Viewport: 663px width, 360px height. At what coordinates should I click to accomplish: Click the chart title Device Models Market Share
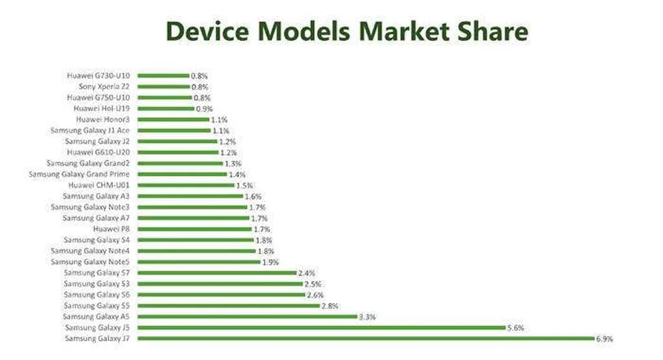coord(346,30)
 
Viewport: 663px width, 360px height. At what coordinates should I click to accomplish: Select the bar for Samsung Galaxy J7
coord(366,339)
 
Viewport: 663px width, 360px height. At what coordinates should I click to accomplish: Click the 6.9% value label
coord(604,339)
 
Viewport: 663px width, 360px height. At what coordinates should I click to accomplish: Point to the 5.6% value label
coord(515,328)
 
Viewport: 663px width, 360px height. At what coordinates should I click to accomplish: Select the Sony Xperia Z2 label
coord(104,86)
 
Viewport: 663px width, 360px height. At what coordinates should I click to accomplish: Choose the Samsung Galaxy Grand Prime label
coord(79,174)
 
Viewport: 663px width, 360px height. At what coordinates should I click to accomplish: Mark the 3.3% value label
coord(367,317)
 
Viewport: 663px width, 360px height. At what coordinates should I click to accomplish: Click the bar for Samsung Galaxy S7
coord(217,273)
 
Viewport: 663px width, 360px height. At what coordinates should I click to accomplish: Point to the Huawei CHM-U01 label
coord(103,185)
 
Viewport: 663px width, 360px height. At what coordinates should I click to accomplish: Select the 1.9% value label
coord(269,262)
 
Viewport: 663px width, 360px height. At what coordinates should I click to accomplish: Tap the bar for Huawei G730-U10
coord(163,76)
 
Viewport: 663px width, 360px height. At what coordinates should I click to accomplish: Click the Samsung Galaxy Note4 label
coord(90,251)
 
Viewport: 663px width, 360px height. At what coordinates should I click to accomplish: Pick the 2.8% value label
coord(330,306)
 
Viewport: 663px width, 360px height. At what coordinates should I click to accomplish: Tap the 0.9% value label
coord(204,108)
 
